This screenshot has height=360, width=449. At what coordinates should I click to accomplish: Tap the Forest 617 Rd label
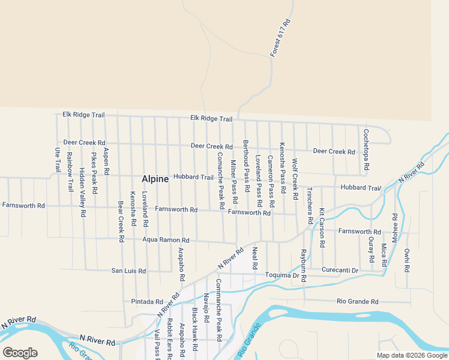click(x=280, y=38)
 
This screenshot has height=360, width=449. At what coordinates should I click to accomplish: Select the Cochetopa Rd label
click(x=366, y=149)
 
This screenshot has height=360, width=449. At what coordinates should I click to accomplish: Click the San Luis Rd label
click(x=128, y=271)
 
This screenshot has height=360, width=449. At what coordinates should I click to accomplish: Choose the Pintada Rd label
click(x=147, y=301)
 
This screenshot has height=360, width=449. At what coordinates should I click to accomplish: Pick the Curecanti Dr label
click(x=340, y=271)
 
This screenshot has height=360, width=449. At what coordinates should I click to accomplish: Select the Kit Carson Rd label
click(x=322, y=229)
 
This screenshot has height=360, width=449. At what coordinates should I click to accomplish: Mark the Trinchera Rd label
click(x=309, y=202)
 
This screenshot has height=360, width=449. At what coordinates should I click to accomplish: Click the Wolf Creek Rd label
click(x=295, y=179)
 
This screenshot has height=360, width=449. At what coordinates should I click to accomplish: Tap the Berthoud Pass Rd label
click(x=246, y=158)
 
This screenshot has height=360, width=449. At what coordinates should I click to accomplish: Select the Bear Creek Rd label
click(x=121, y=221)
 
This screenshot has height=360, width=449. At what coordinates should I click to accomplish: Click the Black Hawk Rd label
click(x=194, y=329)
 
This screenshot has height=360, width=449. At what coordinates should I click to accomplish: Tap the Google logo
click(x=20, y=353)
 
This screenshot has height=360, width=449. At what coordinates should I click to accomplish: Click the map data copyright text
click(x=412, y=355)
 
